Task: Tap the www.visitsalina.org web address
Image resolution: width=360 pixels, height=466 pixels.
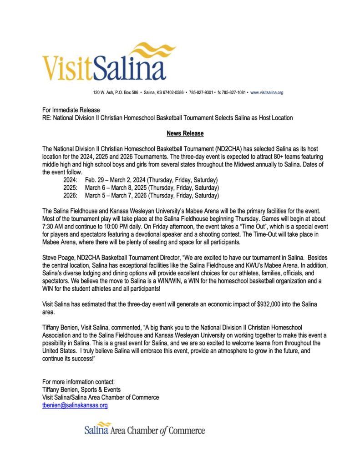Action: pyautogui.click(x=267, y=92)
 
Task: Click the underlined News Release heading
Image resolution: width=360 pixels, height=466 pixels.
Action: pyautogui.click(x=185, y=133)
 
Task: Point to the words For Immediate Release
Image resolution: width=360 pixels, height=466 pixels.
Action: pyautogui.click(x=71, y=110)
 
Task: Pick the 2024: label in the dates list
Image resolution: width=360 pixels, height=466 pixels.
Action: pyautogui.click(x=71, y=180)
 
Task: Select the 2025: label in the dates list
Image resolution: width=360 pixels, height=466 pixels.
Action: pyautogui.click(x=71, y=188)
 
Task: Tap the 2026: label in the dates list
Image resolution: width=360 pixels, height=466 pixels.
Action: pyautogui.click(x=71, y=196)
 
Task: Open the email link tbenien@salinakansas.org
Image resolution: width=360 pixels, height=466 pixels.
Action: pyautogui.click(x=75, y=405)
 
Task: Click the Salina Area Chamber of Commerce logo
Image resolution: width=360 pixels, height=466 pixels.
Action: pyautogui.click(x=144, y=430)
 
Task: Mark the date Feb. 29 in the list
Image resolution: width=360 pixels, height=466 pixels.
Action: pyautogui.click(x=95, y=180)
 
